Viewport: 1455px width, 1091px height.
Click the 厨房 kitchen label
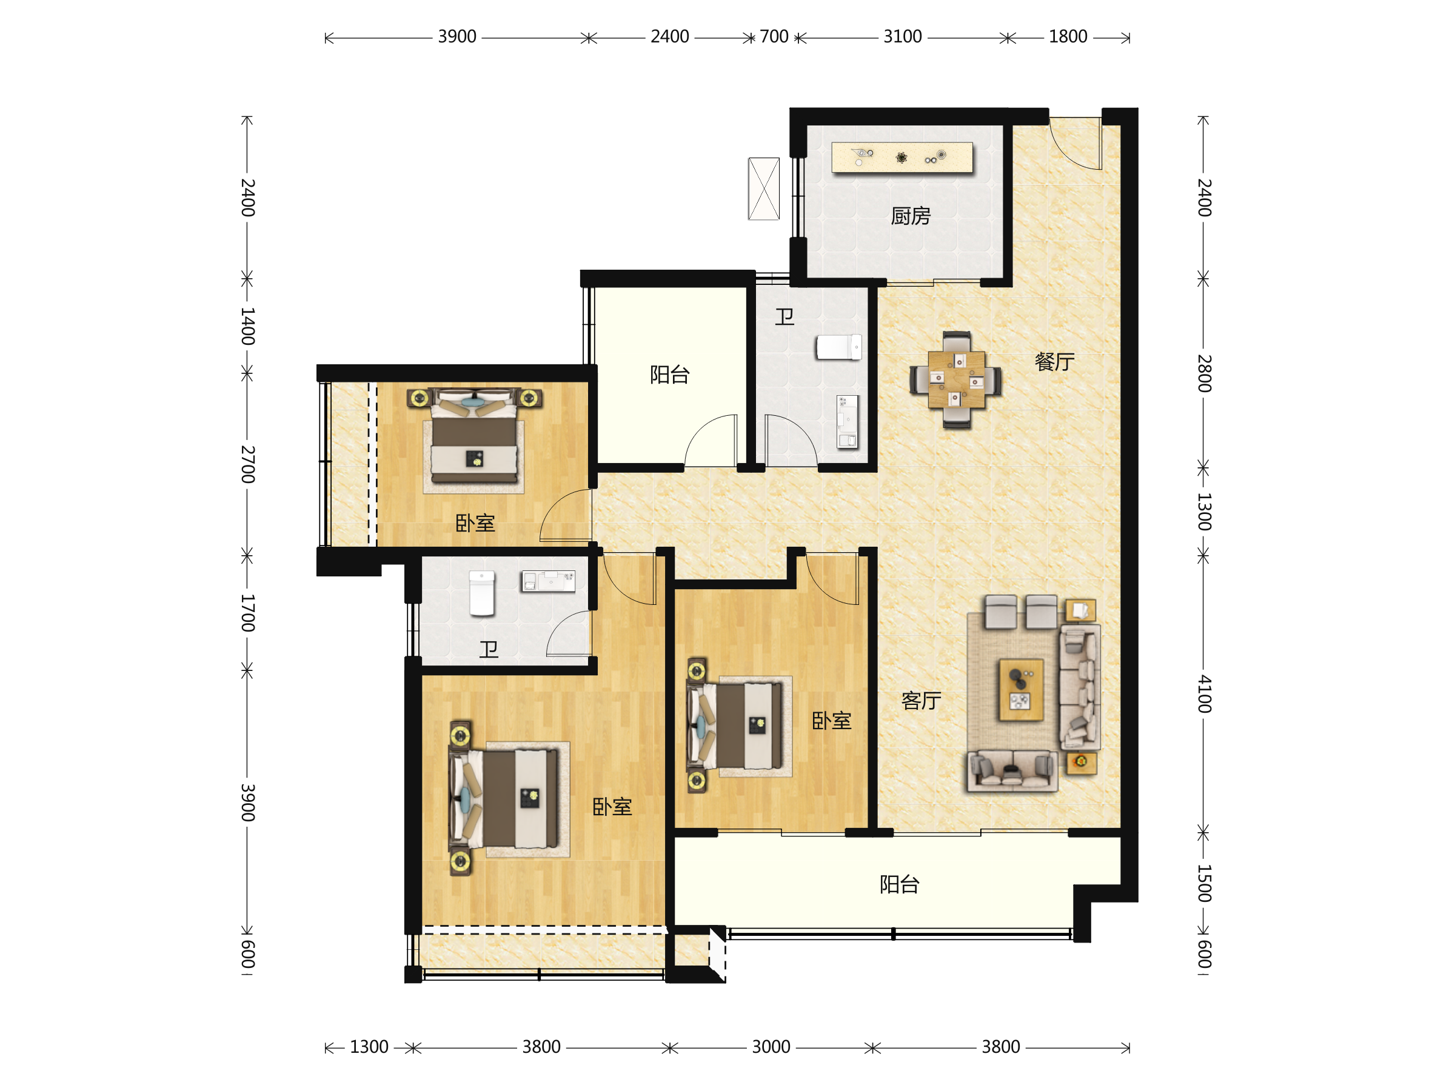(911, 216)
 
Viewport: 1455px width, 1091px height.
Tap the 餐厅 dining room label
(1054, 362)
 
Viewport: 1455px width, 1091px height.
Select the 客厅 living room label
(921, 701)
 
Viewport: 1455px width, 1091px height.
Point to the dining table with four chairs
(957, 380)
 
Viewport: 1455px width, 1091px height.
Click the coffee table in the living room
(1021, 690)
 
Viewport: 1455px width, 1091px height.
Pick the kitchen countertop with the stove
(902, 158)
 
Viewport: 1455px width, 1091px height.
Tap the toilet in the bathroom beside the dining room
(838, 347)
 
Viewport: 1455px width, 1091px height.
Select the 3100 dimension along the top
(903, 37)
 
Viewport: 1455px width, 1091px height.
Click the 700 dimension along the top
(774, 37)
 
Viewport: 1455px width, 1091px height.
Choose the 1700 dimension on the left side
(247, 613)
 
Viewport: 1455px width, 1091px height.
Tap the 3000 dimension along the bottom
(771, 1047)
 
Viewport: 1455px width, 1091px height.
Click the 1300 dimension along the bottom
(369, 1047)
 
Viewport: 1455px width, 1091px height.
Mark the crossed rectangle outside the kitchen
(764, 189)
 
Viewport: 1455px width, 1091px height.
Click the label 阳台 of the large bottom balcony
(899, 884)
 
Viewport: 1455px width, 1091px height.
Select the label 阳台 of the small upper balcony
(670, 375)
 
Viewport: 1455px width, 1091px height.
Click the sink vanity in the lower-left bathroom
(548, 581)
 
